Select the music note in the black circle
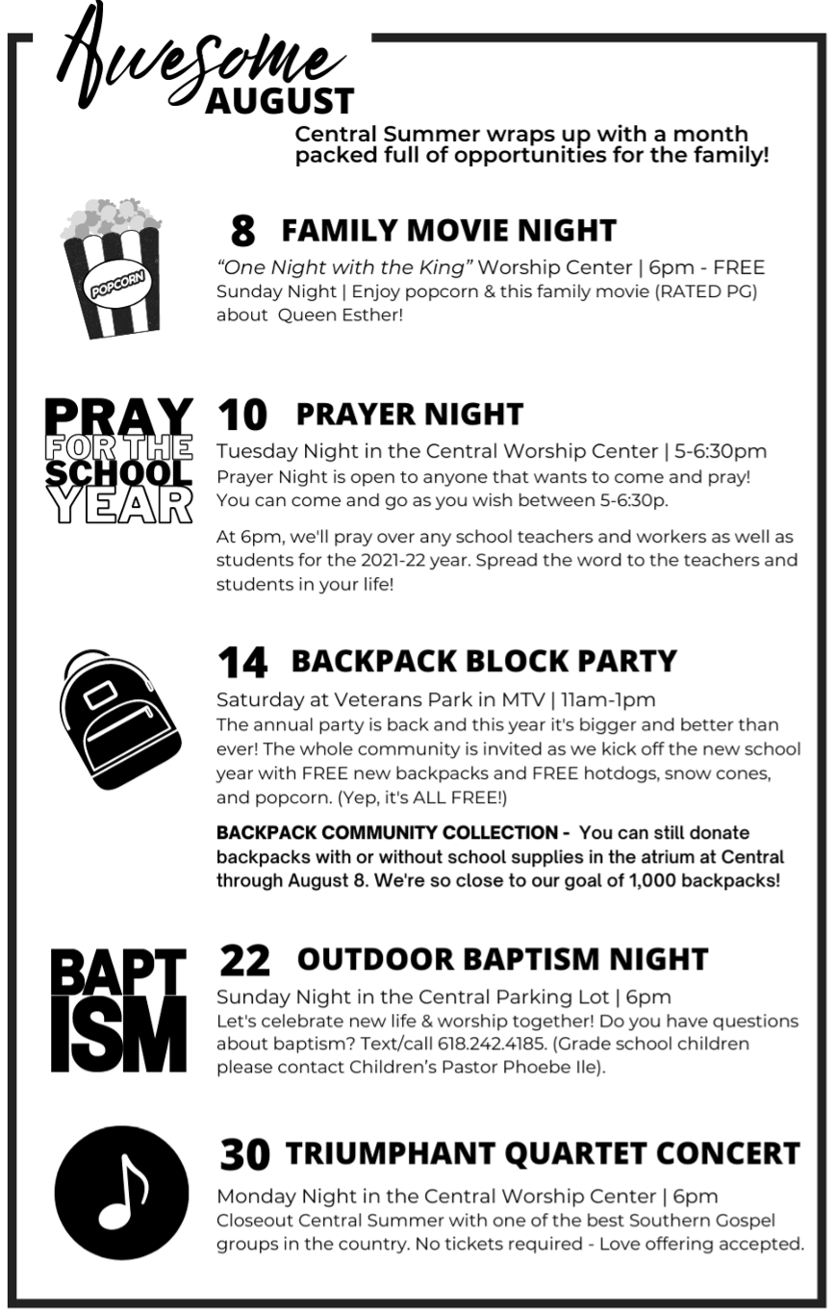tap(121, 1193)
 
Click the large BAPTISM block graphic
tap(119, 1009)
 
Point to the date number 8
tap(243, 231)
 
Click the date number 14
tap(241, 662)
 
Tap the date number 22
tap(244, 960)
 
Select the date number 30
tap(245, 1154)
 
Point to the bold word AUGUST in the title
tap(280, 100)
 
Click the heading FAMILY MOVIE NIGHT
tap(448, 231)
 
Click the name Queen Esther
tap(340, 315)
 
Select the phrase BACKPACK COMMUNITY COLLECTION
tap(387, 832)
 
